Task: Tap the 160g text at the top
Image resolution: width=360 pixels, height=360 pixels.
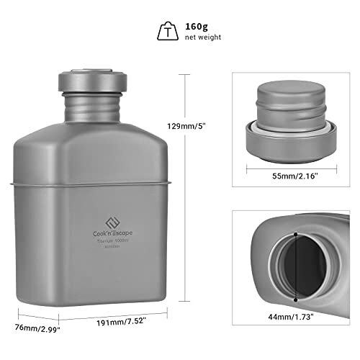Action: click(x=198, y=24)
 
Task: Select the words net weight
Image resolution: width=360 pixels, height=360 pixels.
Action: click(x=204, y=37)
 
